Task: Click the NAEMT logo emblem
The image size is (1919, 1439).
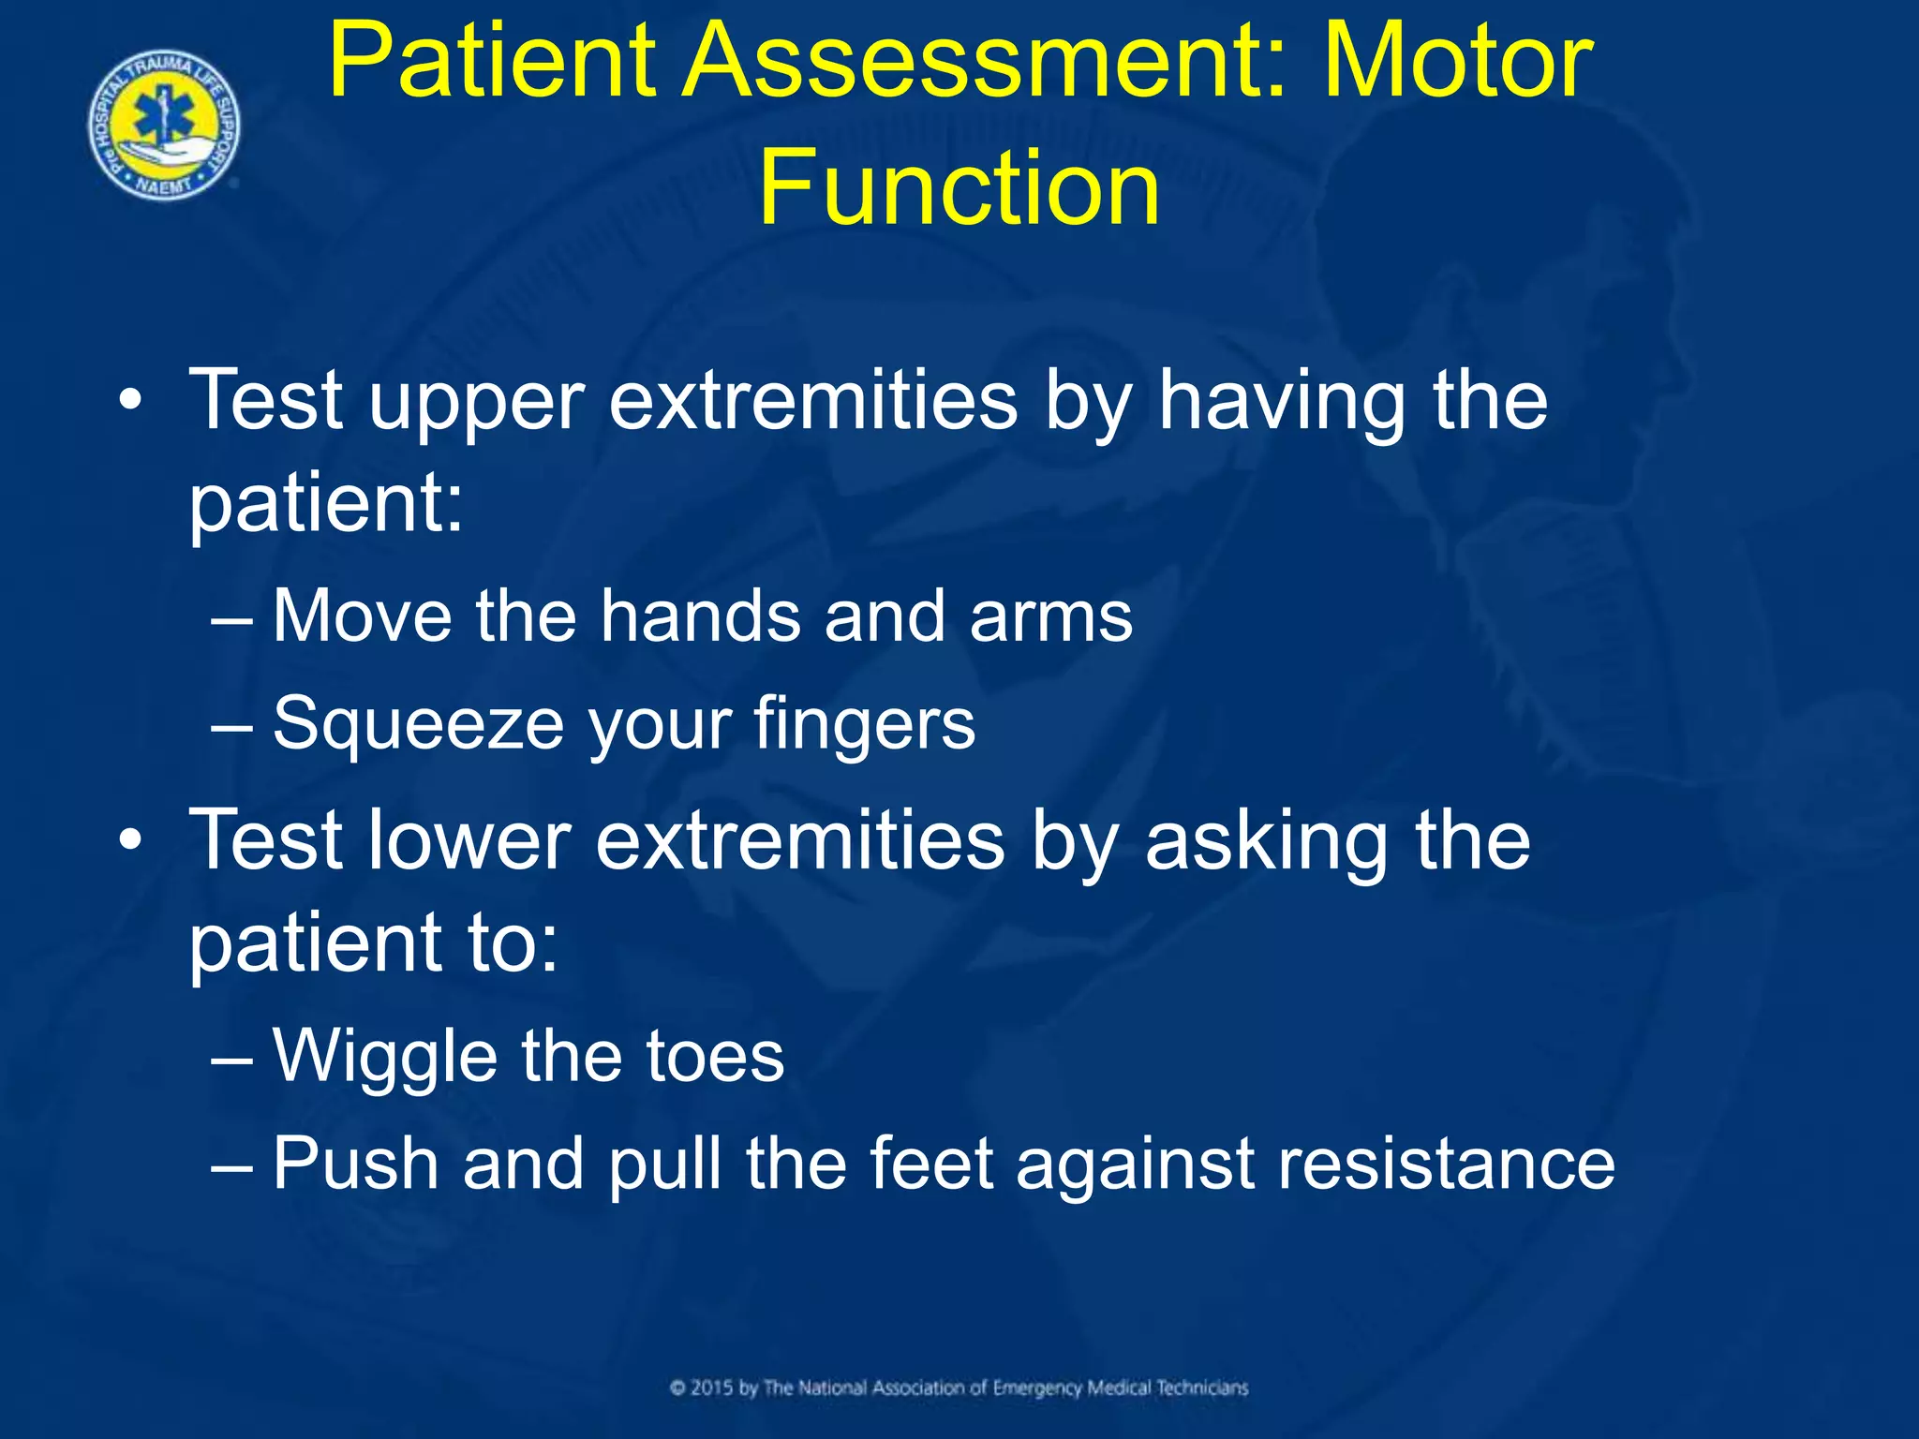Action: pyautogui.click(x=164, y=125)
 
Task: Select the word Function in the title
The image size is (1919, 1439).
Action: pyautogui.click(x=959, y=187)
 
